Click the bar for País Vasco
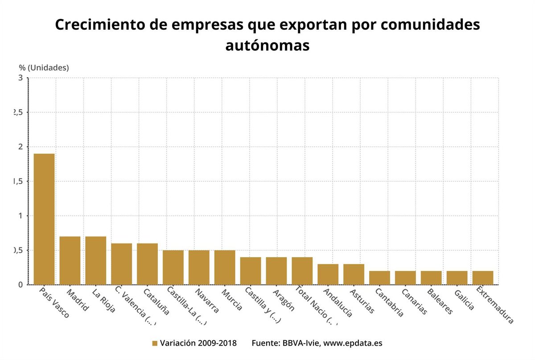(44, 219)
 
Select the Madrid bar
(70, 260)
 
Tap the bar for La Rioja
(96, 260)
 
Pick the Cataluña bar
(147, 264)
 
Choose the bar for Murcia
(225, 267)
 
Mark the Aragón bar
(276, 270)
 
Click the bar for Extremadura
(483, 278)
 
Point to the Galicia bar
(457, 278)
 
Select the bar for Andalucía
(328, 274)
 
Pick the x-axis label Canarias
(414, 302)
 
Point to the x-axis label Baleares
(440, 302)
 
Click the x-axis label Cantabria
(389, 303)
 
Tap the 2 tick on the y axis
(20, 147)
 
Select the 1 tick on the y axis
(20, 216)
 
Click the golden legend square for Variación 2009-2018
(155, 344)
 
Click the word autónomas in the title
(267, 45)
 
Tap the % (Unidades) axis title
(44, 68)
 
